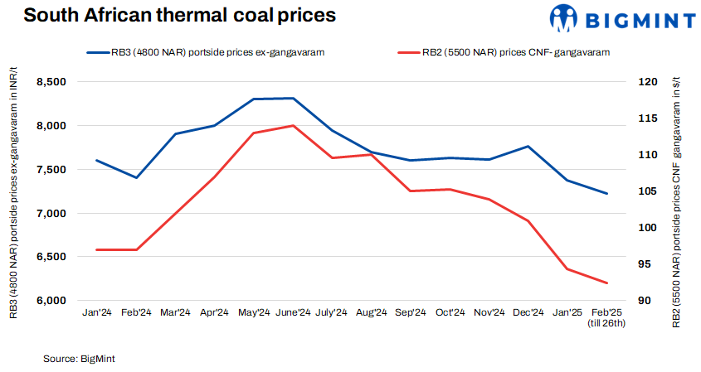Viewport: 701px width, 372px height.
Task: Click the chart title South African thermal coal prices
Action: point(168,16)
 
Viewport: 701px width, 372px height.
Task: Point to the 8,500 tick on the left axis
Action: point(51,82)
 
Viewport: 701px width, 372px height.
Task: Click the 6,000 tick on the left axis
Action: point(51,301)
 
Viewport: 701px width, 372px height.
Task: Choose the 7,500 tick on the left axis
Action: point(51,170)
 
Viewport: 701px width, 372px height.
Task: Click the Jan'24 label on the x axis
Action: point(97,312)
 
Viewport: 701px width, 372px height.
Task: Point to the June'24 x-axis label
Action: point(293,312)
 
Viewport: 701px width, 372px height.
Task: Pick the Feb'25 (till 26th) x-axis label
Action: point(606,317)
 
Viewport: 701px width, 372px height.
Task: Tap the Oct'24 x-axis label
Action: point(450,312)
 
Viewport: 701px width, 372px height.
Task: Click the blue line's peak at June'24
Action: point(293,98)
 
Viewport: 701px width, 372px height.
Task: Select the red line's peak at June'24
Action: point(293,126)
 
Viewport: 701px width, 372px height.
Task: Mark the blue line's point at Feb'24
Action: point(136,177)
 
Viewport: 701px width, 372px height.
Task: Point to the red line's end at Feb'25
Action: point(606,283)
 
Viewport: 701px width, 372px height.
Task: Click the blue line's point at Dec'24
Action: point(528,146)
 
